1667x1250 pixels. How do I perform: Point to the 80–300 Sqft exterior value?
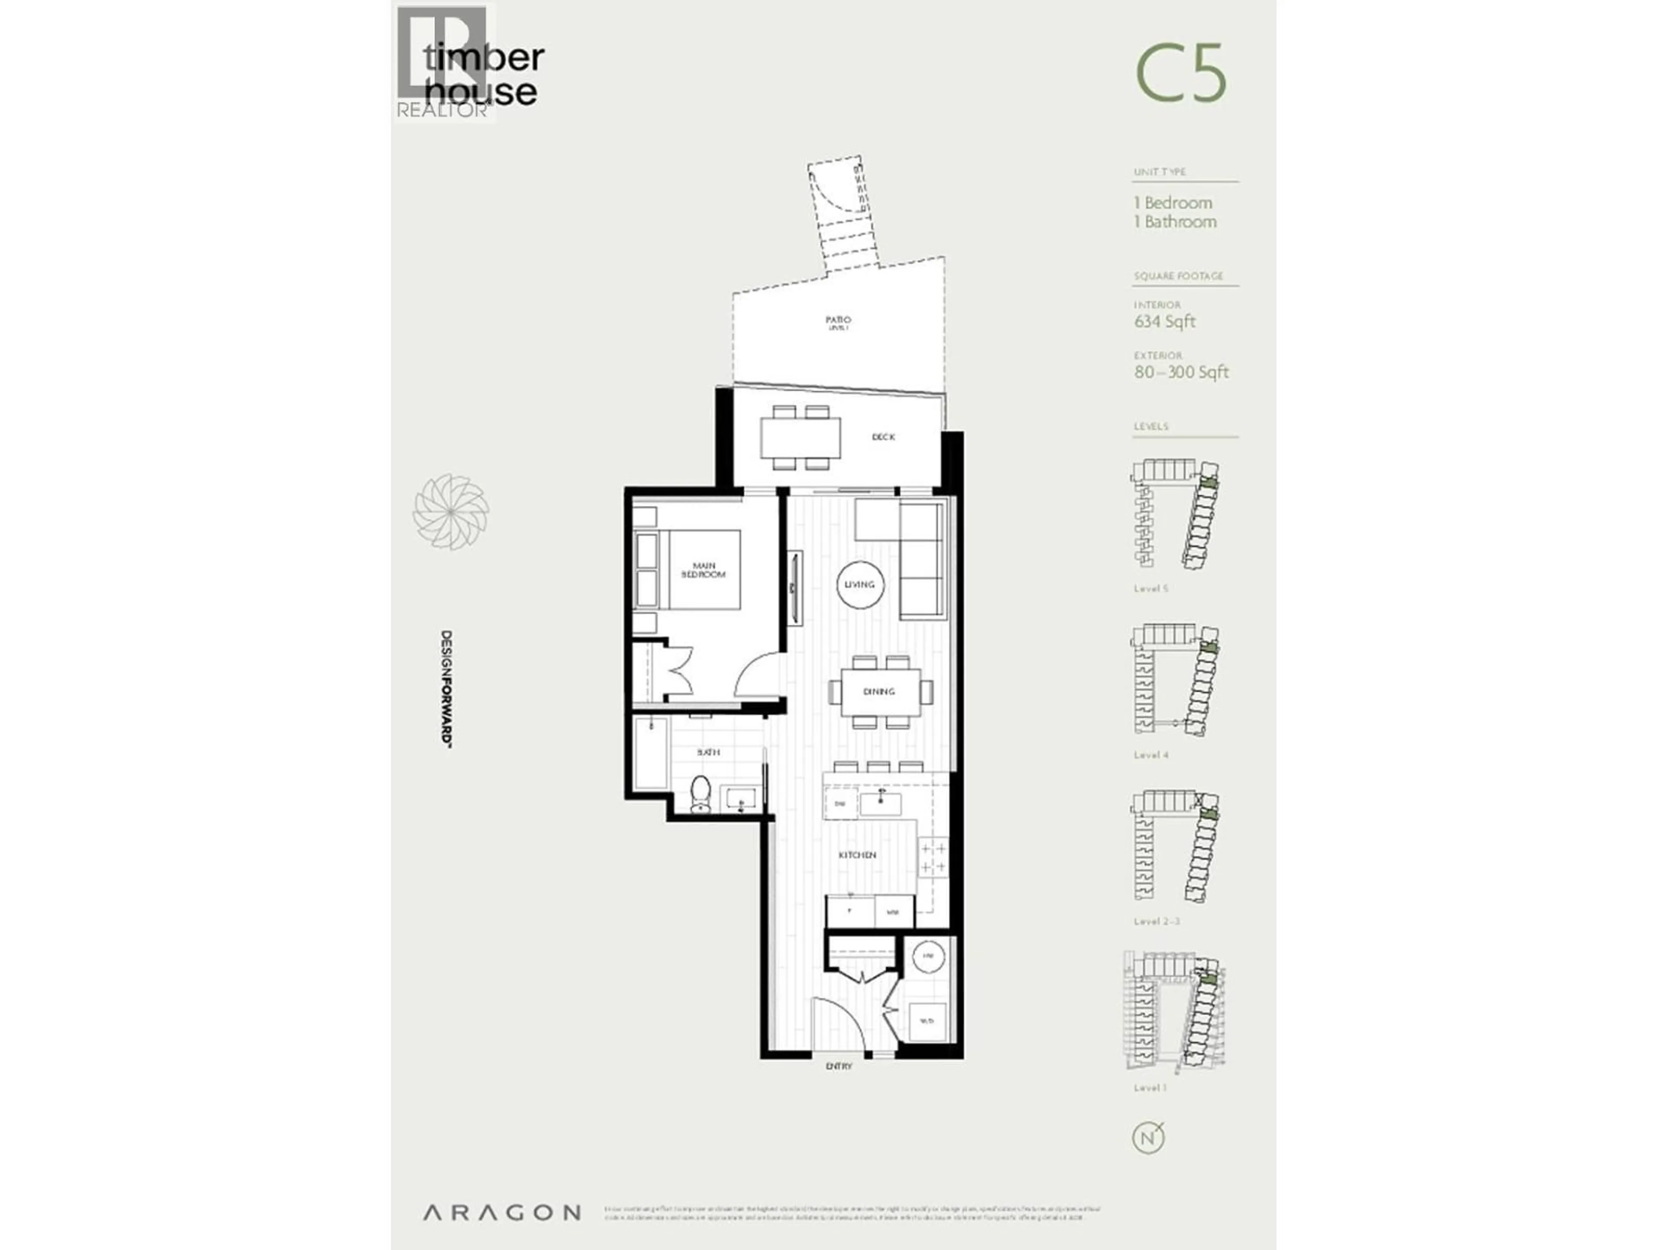(x=1181, y=372)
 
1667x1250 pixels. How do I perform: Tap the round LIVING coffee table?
(x=860, y=584)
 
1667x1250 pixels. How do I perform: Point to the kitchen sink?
(x=880, y=804)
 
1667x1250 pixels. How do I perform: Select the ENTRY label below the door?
(x=839, y=1066)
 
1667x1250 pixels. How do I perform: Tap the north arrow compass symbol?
(x=1148, y=1138)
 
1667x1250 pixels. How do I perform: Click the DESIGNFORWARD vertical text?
(x=446, y=689)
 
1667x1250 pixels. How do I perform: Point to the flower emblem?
(x=451, y=512)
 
